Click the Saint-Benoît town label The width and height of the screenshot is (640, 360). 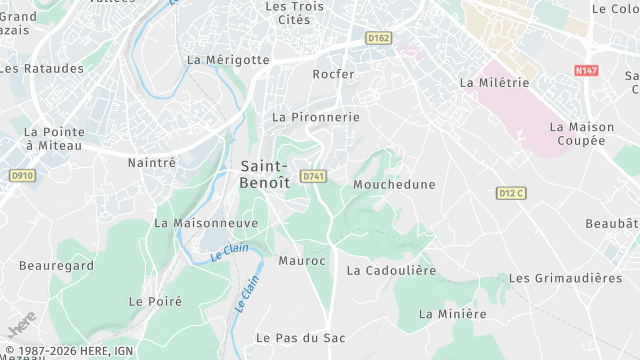265,174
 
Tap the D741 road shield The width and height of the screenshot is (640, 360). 314,176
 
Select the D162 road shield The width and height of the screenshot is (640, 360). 378,38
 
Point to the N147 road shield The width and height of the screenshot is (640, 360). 587,70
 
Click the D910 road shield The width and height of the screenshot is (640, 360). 22,175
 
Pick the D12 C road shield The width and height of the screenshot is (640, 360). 511,192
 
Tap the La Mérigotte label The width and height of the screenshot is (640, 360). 228,59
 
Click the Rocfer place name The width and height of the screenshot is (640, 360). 333,74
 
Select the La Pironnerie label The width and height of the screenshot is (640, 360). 315,117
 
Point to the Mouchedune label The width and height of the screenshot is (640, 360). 395,184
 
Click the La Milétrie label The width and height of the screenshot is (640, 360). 494,82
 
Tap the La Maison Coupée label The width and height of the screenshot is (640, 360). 578,133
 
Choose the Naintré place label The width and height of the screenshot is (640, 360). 152,161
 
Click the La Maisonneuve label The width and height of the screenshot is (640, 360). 206,222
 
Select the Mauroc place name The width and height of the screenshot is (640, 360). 302,260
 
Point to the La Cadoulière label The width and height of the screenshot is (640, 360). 391,270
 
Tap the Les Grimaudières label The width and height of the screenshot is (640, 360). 565,277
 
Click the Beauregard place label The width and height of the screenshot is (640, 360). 56,265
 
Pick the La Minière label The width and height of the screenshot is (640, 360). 452,313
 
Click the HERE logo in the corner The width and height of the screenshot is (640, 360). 21,324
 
